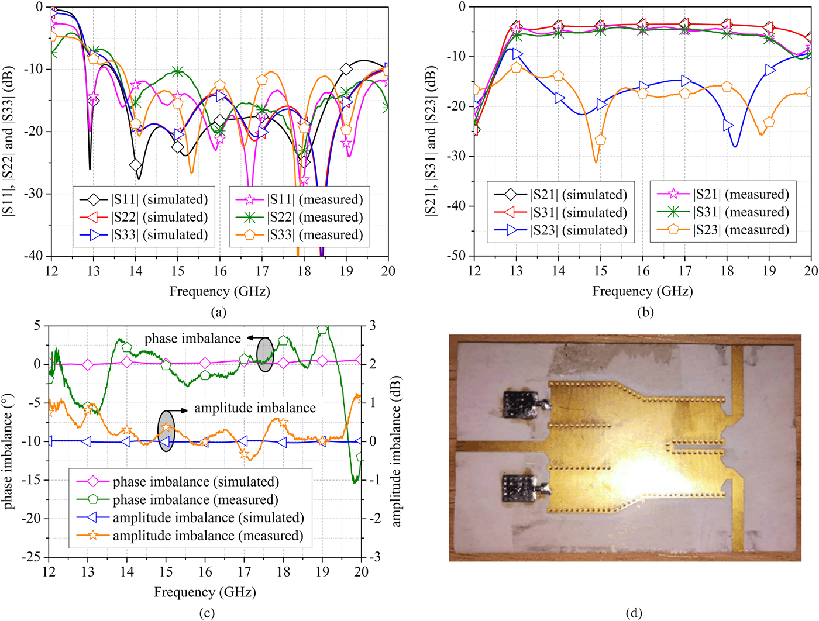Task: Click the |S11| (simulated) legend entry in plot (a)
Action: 144,199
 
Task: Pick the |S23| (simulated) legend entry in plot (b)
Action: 560,230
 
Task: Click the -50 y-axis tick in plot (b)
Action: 456,256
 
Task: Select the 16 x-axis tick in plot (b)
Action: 643,270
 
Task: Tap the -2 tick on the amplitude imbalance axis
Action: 374,518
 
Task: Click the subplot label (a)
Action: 219,312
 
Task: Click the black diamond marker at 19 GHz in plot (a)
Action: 346,69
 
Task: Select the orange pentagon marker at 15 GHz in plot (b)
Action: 600,140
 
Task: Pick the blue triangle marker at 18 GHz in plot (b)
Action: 728,125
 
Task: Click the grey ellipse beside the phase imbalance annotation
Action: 265,354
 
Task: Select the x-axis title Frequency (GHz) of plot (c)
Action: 205,592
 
